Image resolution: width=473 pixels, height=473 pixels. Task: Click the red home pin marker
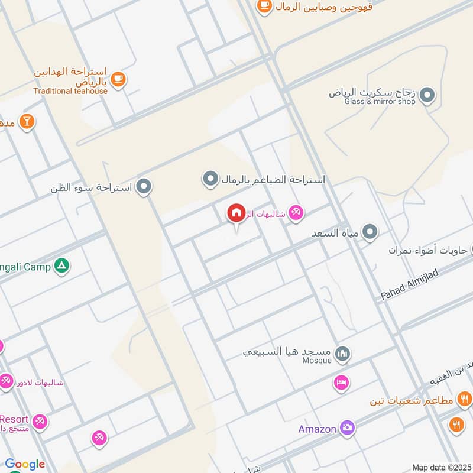[236, 213]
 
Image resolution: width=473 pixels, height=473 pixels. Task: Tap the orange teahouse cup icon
[118, 79]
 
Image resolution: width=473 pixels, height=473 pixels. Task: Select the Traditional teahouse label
[70, 91]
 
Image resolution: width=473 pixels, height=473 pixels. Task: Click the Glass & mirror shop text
[380, 101]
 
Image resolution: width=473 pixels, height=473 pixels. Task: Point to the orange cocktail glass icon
[26, 122]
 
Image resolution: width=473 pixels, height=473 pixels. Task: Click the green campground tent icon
[61, 267]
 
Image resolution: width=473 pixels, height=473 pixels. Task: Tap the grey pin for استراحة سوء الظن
[144, 187]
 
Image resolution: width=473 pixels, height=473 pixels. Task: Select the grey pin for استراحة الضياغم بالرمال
[210, 179]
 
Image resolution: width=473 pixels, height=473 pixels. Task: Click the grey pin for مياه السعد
[370, 232]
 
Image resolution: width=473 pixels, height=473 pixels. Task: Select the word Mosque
[317, 361]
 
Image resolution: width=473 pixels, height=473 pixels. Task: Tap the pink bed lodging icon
[341, 383]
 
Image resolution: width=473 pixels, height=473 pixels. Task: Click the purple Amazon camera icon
[347, 429]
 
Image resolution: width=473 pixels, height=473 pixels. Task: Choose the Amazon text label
[317, 429]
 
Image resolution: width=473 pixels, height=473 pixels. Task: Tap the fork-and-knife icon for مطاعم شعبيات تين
[464, 400]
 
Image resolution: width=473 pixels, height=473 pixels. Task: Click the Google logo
[24, 465]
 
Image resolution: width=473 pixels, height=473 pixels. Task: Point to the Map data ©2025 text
[440, 468]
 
